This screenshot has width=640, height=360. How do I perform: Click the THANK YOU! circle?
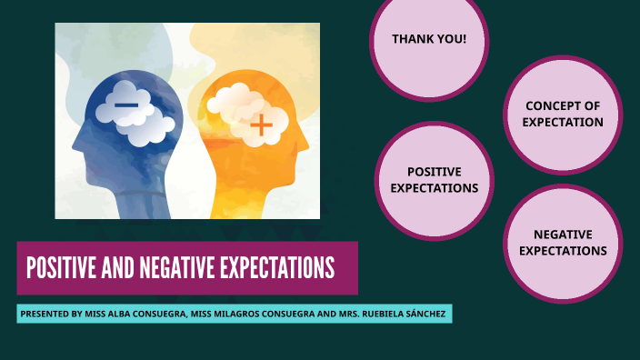tap(429, 41)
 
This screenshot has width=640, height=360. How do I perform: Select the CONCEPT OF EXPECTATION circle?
tap(563, 114)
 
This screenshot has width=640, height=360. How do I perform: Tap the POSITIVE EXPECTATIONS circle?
tap(435, 180)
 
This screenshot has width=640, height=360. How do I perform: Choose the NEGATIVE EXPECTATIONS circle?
tap(563, 243)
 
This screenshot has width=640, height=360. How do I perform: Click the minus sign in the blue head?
tap(126, 106)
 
